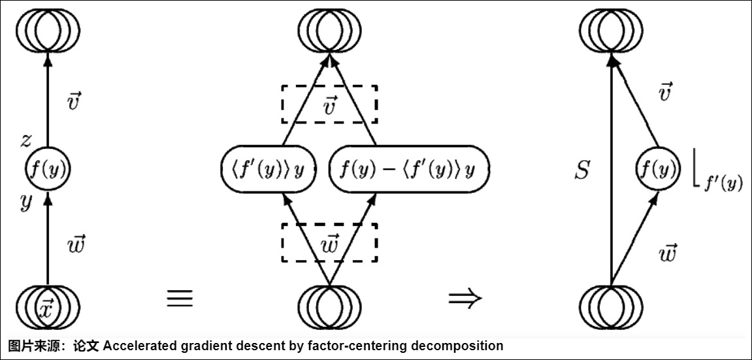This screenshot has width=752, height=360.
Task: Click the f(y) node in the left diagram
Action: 47,169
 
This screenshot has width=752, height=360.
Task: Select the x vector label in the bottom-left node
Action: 46,307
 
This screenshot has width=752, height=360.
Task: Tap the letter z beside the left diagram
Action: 25,140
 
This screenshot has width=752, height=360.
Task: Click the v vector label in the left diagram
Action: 74,101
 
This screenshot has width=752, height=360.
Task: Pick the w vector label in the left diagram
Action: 76,244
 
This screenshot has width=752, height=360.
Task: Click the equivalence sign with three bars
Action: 180,298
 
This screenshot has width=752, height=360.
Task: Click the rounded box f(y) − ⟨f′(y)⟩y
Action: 407,169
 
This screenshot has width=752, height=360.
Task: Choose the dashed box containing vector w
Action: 329,242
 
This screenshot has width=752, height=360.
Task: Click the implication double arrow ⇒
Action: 465,298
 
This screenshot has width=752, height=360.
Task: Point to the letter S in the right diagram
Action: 581,171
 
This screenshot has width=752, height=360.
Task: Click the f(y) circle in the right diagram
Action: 655,171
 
